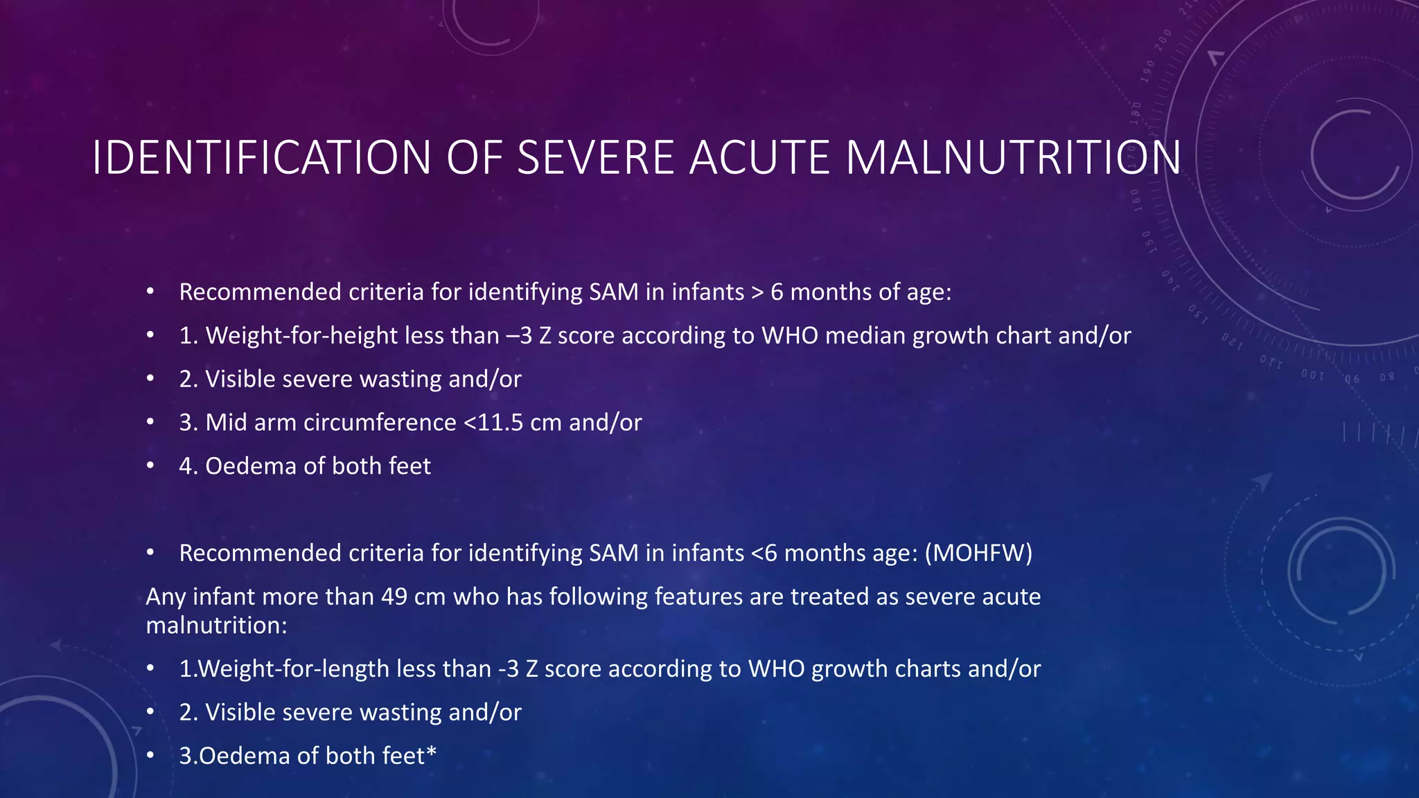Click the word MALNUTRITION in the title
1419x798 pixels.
click(1013, 158)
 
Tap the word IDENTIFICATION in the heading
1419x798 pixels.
click(261, 158)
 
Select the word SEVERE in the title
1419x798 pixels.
click(595, 158)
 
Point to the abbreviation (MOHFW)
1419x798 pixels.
click(978, 553)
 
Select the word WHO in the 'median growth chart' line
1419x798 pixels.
click(789, 336)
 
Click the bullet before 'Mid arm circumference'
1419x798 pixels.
click(150, 423)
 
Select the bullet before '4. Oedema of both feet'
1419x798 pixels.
click(150, 466)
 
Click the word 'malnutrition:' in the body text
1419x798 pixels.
click(216, 626)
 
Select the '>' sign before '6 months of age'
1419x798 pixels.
click(757, 292)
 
